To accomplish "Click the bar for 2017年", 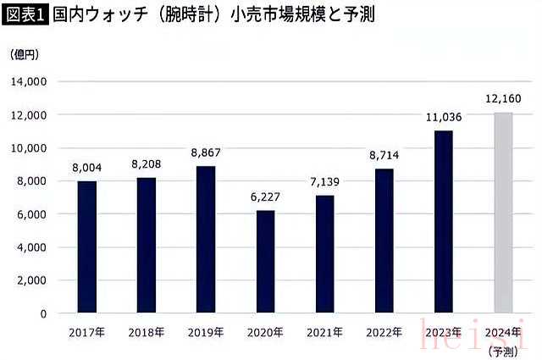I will point(86,247).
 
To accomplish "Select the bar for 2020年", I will point(265,262).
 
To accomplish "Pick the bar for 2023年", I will point(444,222).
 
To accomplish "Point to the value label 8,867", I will point(205,154).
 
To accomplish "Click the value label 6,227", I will point(265,198).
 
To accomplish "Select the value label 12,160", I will point(503,100).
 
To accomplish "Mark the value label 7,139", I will point(324,183).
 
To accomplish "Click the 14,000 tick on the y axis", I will point(30,81).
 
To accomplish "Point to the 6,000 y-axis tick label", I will point(32,214).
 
